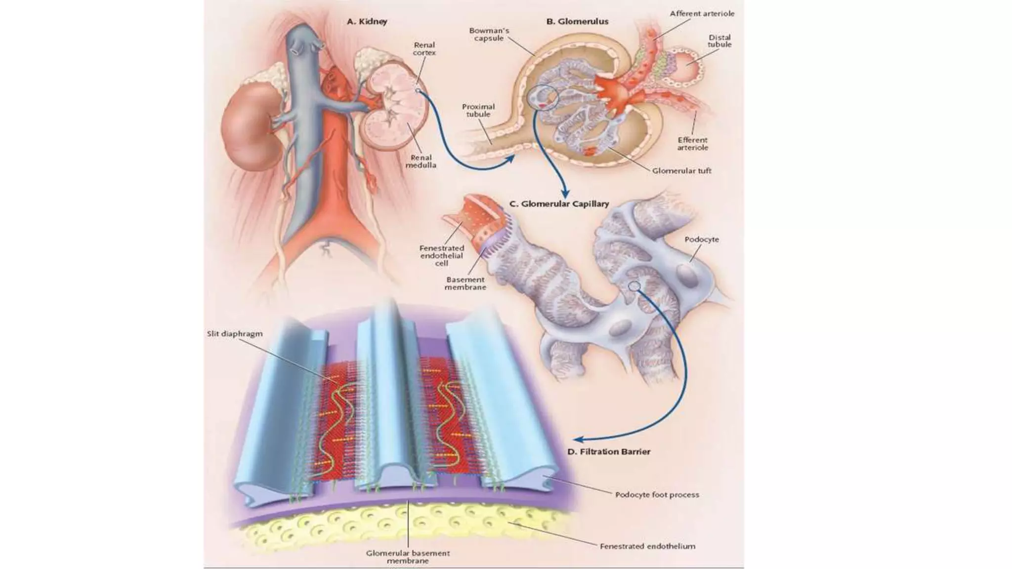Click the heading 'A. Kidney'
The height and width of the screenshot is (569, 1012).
367,21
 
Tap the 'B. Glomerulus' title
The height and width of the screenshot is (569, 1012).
577,21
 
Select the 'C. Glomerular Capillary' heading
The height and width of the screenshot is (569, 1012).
559,203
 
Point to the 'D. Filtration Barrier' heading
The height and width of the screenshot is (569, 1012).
609,451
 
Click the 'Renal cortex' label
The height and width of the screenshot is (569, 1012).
424,48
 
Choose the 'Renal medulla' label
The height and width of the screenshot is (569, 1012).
421,161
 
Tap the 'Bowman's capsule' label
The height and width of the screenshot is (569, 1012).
489,34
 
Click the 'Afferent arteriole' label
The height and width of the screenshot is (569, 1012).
702,13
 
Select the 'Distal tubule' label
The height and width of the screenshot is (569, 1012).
719,41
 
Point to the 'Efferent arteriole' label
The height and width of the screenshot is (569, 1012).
692,143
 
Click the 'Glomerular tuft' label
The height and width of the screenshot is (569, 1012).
681,171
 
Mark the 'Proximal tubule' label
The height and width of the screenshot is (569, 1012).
478,110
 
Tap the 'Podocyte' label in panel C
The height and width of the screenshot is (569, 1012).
702,240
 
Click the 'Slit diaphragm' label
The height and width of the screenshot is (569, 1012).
234,334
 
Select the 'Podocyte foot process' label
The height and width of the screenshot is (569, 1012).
657,494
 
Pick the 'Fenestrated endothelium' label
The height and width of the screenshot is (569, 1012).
647,546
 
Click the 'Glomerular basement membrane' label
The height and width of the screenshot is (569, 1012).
408,557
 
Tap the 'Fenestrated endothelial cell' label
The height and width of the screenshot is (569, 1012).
441,255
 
